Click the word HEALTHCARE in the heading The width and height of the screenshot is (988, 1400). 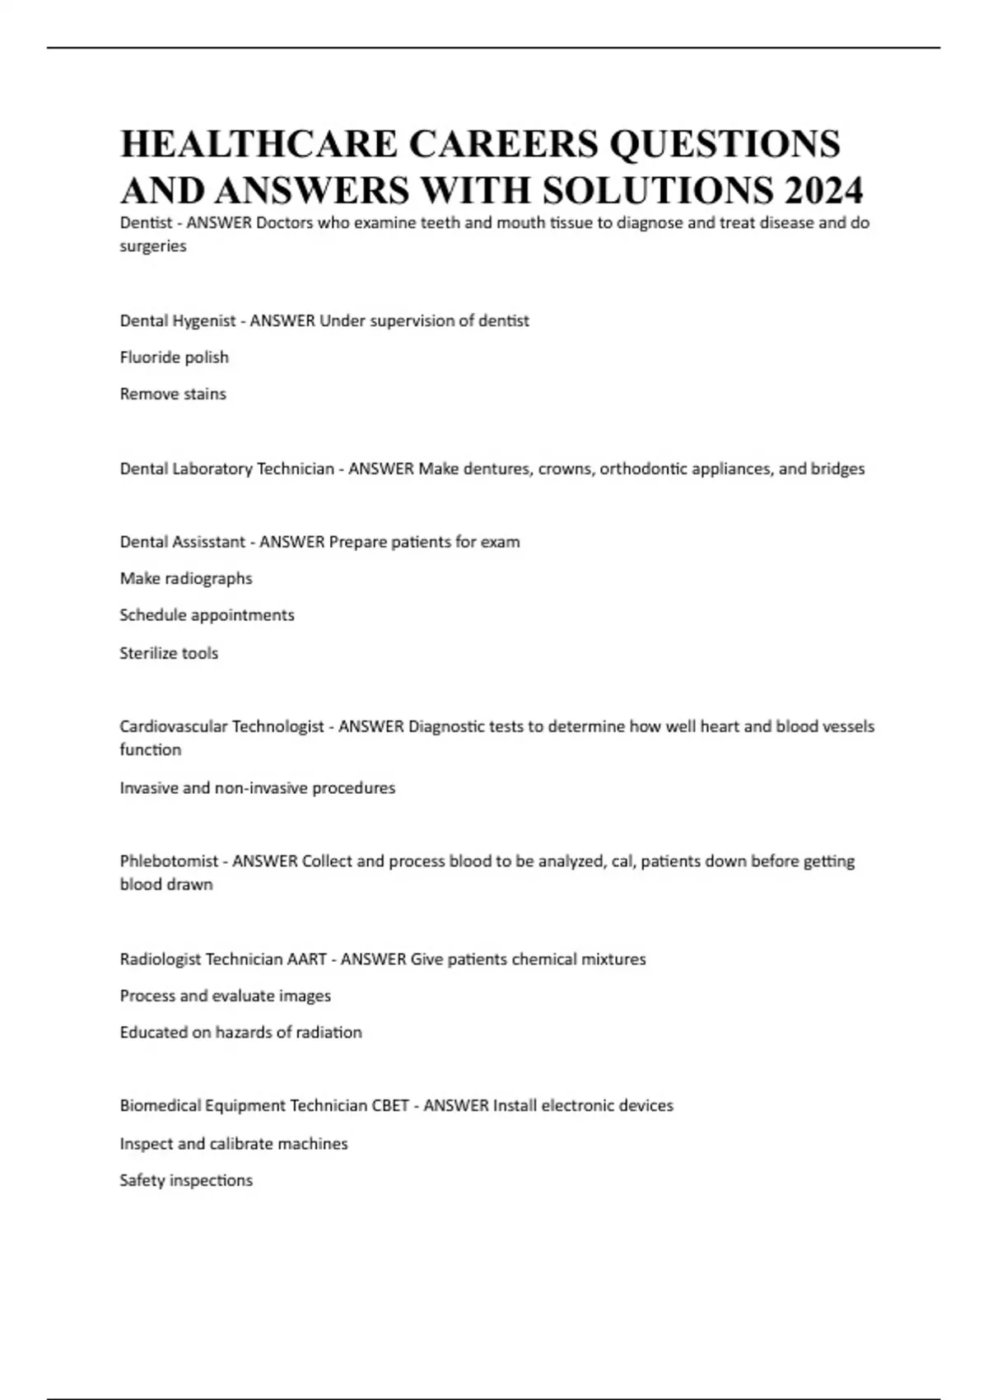click(259, 143)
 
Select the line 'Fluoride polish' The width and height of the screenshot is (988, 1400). click(174, 357)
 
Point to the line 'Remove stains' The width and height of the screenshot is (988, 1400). click(173, 394)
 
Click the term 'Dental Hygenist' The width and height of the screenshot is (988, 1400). click(178, 320)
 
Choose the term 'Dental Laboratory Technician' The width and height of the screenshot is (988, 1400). click(226, 469)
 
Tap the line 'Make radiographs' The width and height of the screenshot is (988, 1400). click(186, 578)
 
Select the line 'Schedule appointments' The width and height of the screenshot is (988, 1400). click(207, 615)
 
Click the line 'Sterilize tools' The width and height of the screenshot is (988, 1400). click(169, 653)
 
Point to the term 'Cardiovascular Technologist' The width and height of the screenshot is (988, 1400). click(221, 726)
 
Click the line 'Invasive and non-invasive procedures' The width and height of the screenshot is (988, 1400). click(257, 788)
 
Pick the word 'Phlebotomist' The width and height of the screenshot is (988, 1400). click(169, 861)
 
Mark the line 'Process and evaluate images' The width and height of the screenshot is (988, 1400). click(225, 996)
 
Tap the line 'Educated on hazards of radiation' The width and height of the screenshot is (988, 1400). click(240, 1033)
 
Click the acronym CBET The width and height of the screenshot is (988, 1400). click(390, 1106)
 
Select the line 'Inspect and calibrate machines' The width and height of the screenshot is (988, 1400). click(234, 1144)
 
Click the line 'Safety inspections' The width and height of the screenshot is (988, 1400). click(186, 1180)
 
